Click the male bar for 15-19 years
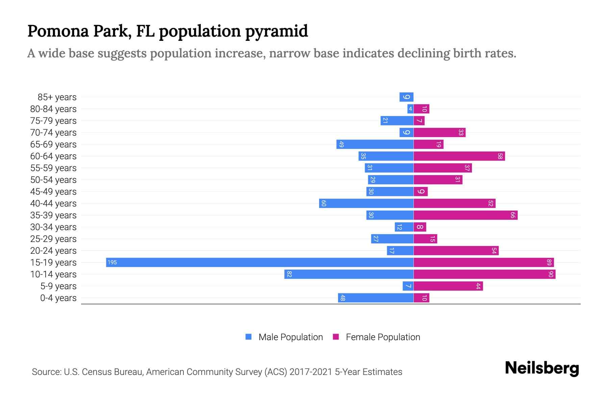pyautogui.click(x=259, y=262)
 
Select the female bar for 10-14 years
pyautogui.click(x=484, y=274)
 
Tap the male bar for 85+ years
pyautogui.click(x=406, y=97)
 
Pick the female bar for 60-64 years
pyautogui.click(x=459, y=156)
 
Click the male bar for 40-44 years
pyautogui.click(x=366, y=203)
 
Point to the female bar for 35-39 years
pyautogui.click(x=465, y=215)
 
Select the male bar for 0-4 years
pyautogui.click(x=376, y=298)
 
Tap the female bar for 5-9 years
pyautogui.click(x=448, y=286)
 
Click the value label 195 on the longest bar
pyautogui.click(x=112, y=262)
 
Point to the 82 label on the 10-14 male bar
pyautogui.click(x=289, y=274)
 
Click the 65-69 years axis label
pyautogui.click(x=53, y=144)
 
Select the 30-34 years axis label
pyautogui.click(x=53, y=227)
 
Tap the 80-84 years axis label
pyautogui.click(x=53, y=109)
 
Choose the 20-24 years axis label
pyautogui.click(x=53, y=251)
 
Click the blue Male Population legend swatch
pyautogui.click(x=249, y=337)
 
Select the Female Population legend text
pyautogui.click(x=383, y=337)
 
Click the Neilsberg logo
pyautogui.click(x=542, y=368)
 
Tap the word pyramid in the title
pyautogui.click(x=276, y=31)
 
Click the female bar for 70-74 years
pyautogui.click(x=439, y=132)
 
